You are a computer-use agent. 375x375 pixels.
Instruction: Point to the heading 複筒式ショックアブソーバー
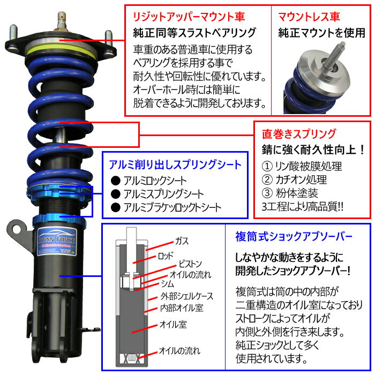click(294, 236)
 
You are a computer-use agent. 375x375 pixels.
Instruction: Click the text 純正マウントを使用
click(321, 34)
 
